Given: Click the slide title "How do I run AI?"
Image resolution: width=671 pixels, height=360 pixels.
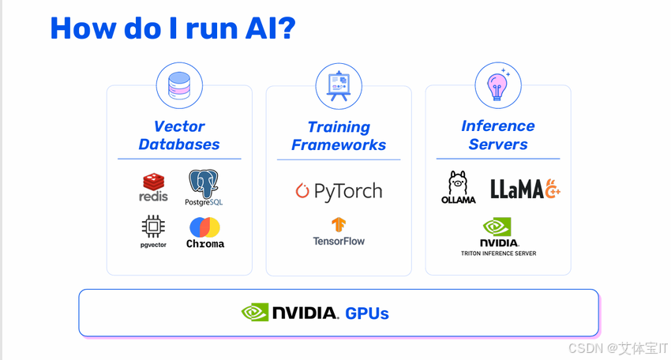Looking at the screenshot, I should [172, 28].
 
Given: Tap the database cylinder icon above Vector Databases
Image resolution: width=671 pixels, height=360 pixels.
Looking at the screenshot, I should [179, 85].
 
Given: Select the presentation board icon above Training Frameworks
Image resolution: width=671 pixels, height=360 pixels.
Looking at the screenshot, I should [339, 85].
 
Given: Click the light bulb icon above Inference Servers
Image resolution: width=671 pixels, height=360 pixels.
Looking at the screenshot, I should [498, 85].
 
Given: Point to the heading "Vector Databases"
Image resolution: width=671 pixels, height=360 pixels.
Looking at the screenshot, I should [179, 135].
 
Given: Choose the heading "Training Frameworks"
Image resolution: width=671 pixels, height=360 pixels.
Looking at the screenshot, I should [339, 136].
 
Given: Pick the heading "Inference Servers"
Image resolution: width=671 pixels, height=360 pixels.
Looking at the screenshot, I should [498, 135].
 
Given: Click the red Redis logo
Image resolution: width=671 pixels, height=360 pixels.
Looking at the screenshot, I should [153, 187].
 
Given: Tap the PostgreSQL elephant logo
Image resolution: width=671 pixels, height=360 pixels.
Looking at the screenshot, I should [204, 187].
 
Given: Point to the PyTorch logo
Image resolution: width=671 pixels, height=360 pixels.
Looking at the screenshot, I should [339, 191].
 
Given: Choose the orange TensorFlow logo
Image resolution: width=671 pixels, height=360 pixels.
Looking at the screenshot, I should [339, 225].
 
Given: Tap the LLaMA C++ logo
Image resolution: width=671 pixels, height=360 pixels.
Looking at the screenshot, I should [525, 189].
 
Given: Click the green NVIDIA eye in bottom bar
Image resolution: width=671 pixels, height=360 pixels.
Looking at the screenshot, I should [255, 313].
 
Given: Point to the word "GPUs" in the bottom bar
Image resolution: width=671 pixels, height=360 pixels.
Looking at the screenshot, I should [367, 313].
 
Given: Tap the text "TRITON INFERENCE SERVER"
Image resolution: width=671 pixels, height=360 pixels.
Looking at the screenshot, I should [498, 253].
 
